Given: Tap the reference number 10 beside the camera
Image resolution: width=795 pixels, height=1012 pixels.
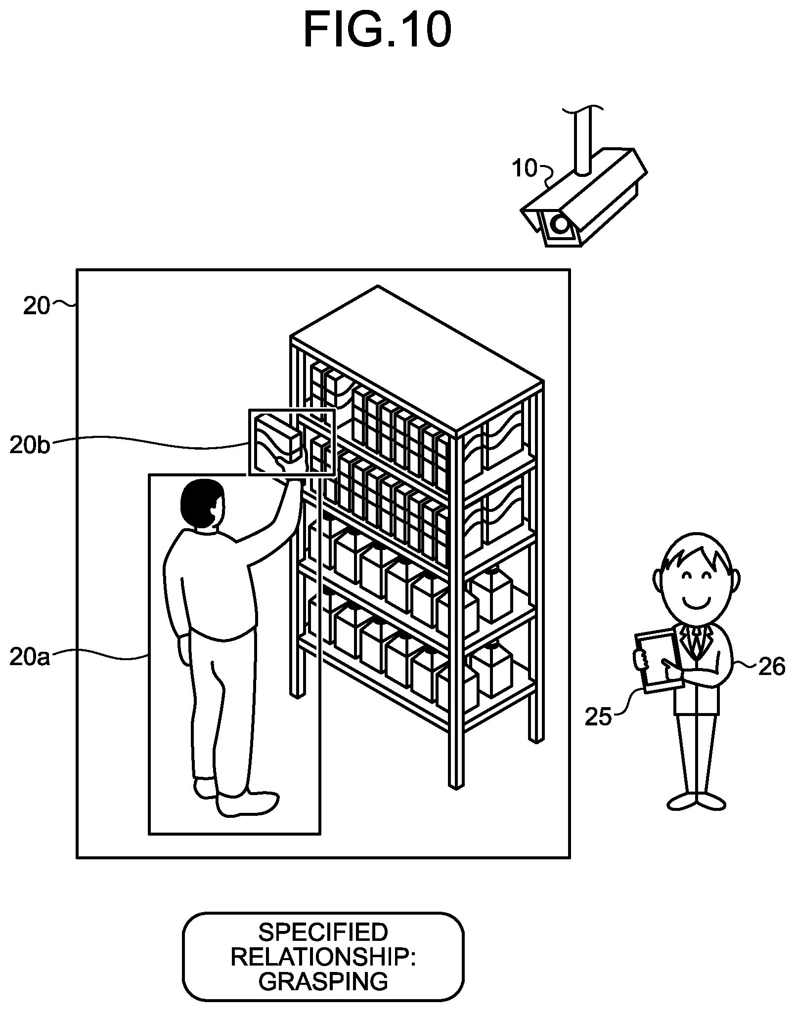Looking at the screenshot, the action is click(x=525, y=169).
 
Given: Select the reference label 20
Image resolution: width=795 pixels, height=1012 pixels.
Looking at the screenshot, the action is click(x=37, y=306).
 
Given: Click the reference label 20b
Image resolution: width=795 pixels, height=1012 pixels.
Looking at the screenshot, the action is click(x=30, y=445).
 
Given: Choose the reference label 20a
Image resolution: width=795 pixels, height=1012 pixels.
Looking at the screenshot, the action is click(x=30, y=657).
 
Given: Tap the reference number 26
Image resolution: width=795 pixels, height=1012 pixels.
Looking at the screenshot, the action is click(x=771, y=668).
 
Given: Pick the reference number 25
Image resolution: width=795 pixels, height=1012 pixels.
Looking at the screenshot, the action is click(x=598, y=717).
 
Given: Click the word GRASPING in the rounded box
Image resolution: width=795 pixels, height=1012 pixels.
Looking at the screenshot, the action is click(x=323, y=981).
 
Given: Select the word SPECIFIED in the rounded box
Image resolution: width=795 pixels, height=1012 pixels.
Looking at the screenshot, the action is click(x=323, y=933).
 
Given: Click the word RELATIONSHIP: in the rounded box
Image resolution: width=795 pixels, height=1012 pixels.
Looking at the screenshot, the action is click(x=323, y=957).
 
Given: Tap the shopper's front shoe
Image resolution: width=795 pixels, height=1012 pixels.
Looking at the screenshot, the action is click(x=248, y=805).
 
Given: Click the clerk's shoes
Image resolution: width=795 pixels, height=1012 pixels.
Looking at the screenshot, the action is click(x=697, y=801).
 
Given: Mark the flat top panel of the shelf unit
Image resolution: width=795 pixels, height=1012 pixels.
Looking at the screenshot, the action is click(x=417, y=358).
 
